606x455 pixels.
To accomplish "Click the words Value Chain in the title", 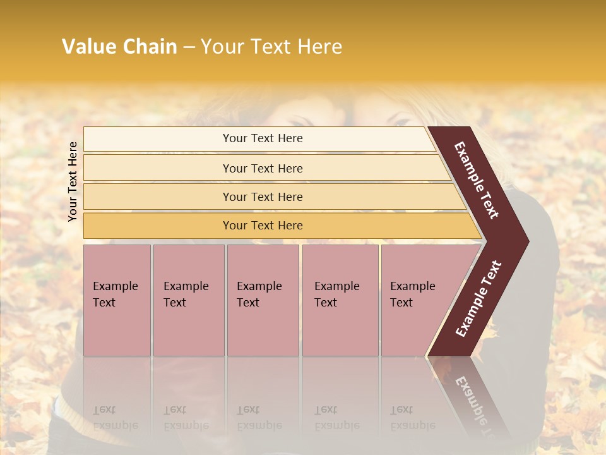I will point(119,47).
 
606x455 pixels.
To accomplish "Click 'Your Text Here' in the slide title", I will point(271,47).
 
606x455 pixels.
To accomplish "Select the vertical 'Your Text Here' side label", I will point(73,182).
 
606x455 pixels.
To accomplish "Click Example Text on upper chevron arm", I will point(477,180).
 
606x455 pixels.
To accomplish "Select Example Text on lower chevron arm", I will point(478,299).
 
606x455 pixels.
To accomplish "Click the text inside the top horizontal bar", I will point(263,138).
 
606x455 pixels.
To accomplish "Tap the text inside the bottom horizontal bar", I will point(263,226).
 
